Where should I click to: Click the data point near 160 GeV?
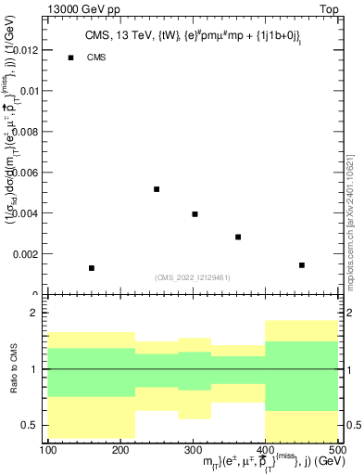click(x=92, y=268)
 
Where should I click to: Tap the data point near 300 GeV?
click(x=195, y=214)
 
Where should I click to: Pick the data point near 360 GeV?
click(x=238, y=237)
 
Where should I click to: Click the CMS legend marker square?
click(x=70, y=58)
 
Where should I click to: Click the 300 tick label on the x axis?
click(x=193, y=450)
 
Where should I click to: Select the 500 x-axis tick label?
click(x=337, y=450)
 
